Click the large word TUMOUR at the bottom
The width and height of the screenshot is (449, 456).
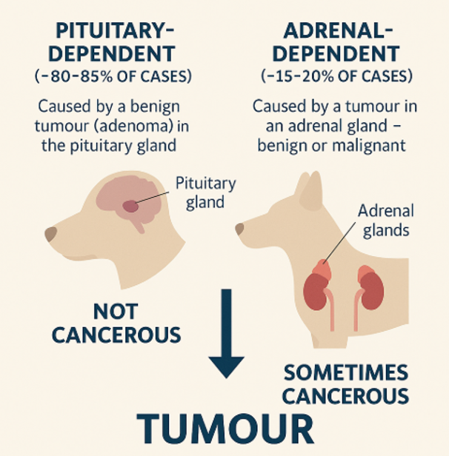pos(225,429)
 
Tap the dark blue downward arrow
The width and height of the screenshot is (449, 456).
pos(227,333)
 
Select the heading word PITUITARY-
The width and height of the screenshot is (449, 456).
pos(116,30)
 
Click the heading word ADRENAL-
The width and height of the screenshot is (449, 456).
pos(338,30)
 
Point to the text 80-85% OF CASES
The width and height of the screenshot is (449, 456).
pos(116,76)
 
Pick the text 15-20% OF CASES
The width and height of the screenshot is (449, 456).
pos(339,76)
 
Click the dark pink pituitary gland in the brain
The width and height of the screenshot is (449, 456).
pos(130,207)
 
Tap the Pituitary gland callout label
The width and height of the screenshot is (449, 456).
pos(206,192)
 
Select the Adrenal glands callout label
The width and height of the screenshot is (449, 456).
pos(386,220)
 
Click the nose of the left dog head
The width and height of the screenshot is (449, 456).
pos(51,233)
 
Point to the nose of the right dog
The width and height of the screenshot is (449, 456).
pos(239,229)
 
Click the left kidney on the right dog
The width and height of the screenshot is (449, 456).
pos(315,292)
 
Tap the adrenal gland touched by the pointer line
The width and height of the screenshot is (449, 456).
pos(322,269)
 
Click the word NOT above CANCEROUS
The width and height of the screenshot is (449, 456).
pos(116,312)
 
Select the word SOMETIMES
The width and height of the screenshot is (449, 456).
pos(346,372)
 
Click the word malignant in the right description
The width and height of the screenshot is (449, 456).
pos(369,146)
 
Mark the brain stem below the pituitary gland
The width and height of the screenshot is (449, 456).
pos(139,224)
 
